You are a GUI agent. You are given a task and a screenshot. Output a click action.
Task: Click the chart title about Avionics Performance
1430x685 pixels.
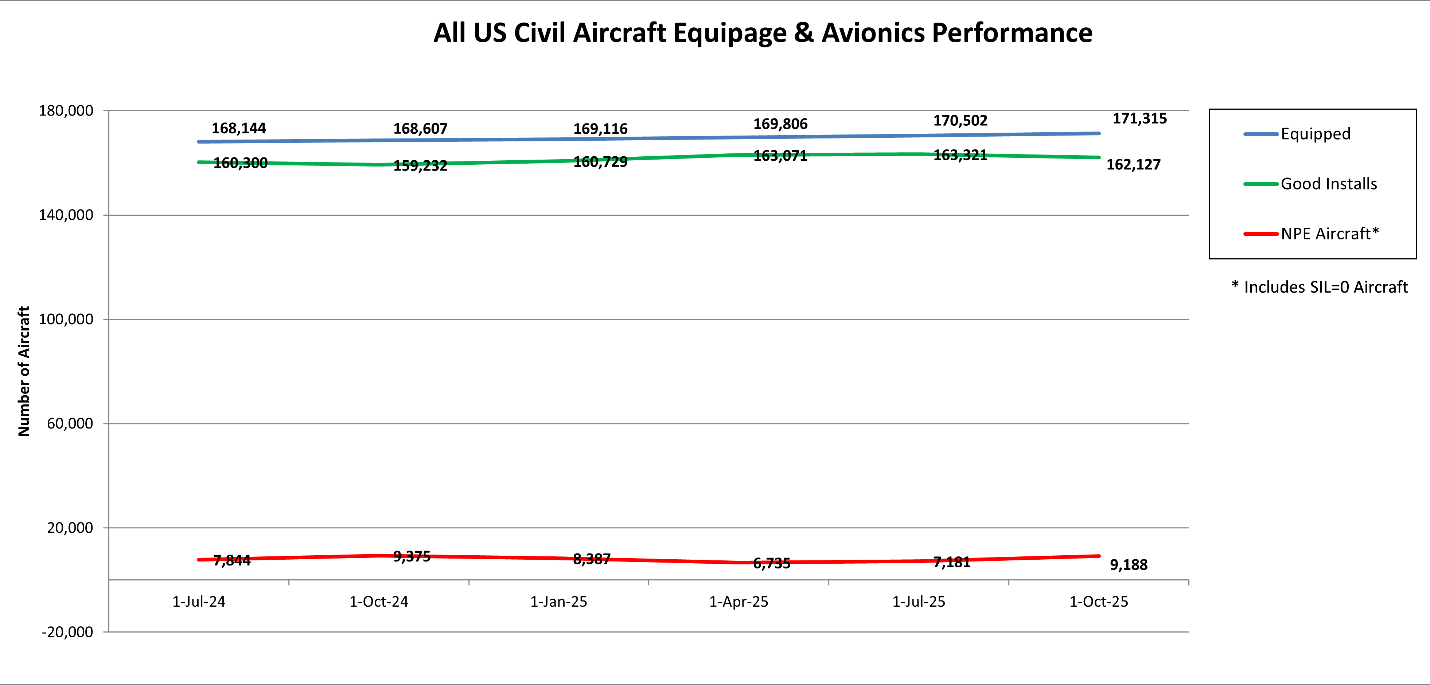tap(763, 33)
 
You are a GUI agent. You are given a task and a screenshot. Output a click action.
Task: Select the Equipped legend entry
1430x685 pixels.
tap(1315, 134)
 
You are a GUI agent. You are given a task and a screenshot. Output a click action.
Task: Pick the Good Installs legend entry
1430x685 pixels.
tap(1328, 184)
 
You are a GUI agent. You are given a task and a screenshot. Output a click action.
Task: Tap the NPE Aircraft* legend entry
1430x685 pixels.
tap(1329, 234)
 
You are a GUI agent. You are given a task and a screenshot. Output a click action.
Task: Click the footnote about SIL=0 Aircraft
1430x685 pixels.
tap(1320, 287)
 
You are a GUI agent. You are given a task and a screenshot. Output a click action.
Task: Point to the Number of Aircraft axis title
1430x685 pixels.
tap(24, 371)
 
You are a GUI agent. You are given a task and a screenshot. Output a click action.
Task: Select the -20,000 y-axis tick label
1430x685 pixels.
tap(67, 632)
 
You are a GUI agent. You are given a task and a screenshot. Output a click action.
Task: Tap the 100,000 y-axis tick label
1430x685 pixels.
tap(66, 319)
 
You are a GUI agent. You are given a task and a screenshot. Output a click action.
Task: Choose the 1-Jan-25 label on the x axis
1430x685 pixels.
tap(558, 602)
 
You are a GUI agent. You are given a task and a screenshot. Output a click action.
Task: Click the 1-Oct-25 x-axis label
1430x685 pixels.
tap(1099, 602)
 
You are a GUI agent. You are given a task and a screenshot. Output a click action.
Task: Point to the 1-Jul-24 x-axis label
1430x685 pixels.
tap(199, 602)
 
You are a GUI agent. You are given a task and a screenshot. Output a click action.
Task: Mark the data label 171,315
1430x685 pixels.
tap(1140, 119)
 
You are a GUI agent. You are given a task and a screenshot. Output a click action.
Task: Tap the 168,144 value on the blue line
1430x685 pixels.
tap(239, 129)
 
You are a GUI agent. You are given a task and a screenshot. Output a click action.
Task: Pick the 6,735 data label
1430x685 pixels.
tap(772, 563)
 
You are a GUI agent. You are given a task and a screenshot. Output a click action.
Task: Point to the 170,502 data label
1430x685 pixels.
tap(960, 121)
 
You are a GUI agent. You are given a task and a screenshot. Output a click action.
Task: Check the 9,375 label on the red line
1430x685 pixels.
tap(411, 556)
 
